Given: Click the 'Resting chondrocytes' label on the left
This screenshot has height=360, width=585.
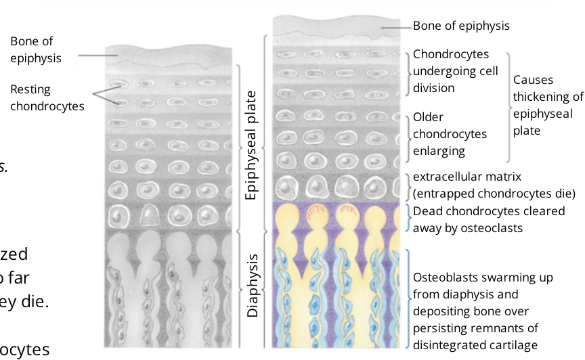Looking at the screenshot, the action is pos(47,97).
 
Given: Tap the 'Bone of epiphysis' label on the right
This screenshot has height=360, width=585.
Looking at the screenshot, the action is pos(461,26).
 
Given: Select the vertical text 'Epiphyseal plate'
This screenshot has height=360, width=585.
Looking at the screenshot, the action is pos(252,145).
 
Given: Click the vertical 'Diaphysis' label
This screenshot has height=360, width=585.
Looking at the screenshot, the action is pos(252,286).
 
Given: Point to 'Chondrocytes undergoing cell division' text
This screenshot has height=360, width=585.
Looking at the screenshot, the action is pos(455,70).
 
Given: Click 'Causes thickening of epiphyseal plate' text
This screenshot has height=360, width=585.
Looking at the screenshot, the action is pos(547,96).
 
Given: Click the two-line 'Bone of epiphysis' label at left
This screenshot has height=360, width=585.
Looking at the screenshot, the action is pos(36,50).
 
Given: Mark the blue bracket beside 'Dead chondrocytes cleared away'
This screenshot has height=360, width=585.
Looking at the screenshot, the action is pos(408,218).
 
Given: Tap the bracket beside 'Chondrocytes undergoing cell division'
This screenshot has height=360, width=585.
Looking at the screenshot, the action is pos(408,70).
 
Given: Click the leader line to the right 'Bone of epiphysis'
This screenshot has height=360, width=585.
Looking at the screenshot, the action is pos(397,26).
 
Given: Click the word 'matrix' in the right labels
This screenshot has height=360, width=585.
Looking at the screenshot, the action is pos(502,177).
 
